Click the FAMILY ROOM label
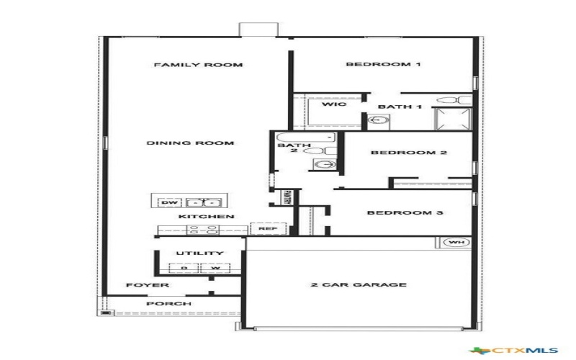[x=198, y=65]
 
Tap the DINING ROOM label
[x=191, y=143]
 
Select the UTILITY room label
[x=200, y=253]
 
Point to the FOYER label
[x=148, y=285]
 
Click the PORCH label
[x=168, y=304]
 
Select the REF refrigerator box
[x=268, y=229]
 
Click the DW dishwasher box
[x=168, y=203]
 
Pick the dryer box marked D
[x=184, y=269]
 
